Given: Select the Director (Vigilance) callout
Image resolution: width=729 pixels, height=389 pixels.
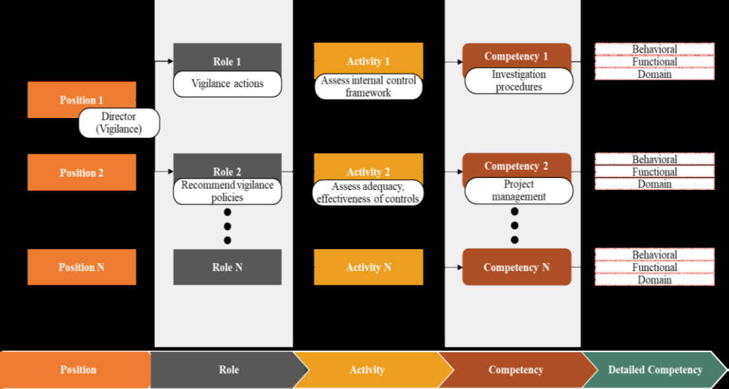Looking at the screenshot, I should (x=119, y=123).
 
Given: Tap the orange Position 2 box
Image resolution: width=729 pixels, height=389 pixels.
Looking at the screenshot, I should (x=82, y=173).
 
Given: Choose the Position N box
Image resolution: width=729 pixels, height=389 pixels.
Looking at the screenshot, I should (x=82, y=267).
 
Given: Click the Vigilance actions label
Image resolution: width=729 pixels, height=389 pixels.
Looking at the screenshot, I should (x=227, y=84).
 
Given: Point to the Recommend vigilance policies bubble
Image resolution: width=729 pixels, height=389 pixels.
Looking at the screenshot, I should (x=227, y=191).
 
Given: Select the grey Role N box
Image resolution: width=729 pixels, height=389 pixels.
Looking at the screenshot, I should (x=227, y=267).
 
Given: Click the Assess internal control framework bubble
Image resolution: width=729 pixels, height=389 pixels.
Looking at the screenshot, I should (x=368, y=86).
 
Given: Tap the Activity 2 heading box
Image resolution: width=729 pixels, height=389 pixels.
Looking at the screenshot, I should (x=368, y=167).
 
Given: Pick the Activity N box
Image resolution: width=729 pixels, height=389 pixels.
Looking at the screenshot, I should (x=368, y=267).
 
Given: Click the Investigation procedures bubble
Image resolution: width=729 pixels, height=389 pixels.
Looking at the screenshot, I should (x=519, y=81).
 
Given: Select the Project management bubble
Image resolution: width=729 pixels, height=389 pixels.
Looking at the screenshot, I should (x=519, y=191).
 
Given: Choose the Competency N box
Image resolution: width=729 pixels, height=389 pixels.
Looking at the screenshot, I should (x=517, y=267).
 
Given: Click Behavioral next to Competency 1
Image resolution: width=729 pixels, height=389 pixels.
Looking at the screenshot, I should (x=655, y=49).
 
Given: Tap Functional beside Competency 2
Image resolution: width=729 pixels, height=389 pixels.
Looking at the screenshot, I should (x=655, y=172).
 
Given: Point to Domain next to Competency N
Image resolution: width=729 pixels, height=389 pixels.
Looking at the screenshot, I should (x=655, y=280).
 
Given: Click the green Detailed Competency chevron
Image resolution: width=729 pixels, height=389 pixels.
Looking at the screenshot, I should (x=655, y=370).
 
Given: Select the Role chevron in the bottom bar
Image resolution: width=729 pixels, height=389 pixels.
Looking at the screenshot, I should (x=228, y=370).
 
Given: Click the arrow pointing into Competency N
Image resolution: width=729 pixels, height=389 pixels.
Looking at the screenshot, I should (x=454, y=267).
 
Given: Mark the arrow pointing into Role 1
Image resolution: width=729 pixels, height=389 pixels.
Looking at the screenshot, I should (x=163, y=61).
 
